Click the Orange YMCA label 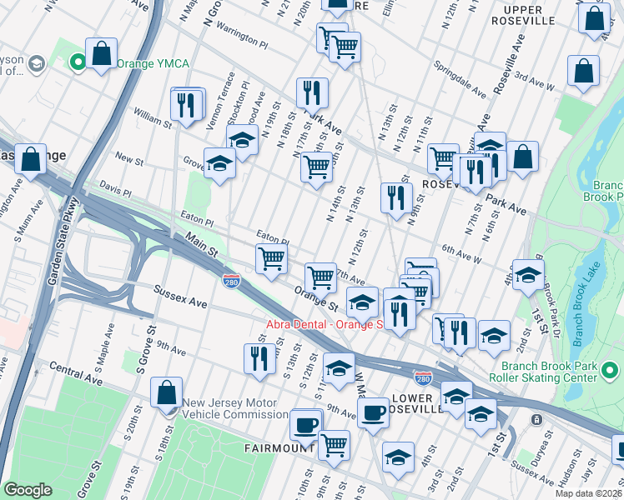coord(153,63)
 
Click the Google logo coord(28,490)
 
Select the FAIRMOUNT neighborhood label coord(278,448)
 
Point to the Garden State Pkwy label coord(63,242)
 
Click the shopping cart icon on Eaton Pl coord(272,259)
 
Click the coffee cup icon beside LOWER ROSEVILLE coord(373,411)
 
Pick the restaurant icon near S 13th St coord(259,357)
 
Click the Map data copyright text coord(588,493)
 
